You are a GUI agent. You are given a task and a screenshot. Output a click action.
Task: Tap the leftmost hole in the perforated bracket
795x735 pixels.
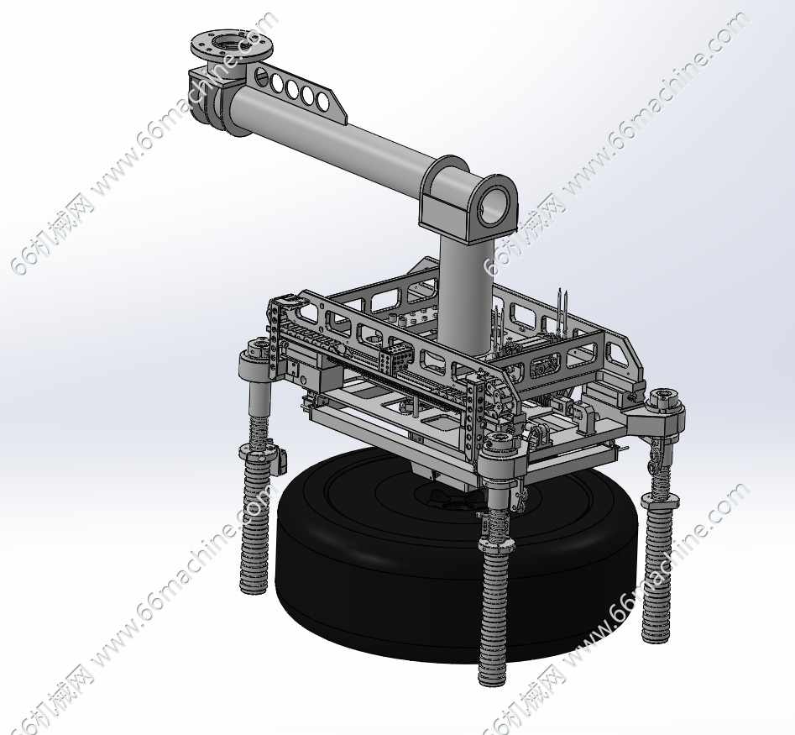(x=262, y=76)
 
